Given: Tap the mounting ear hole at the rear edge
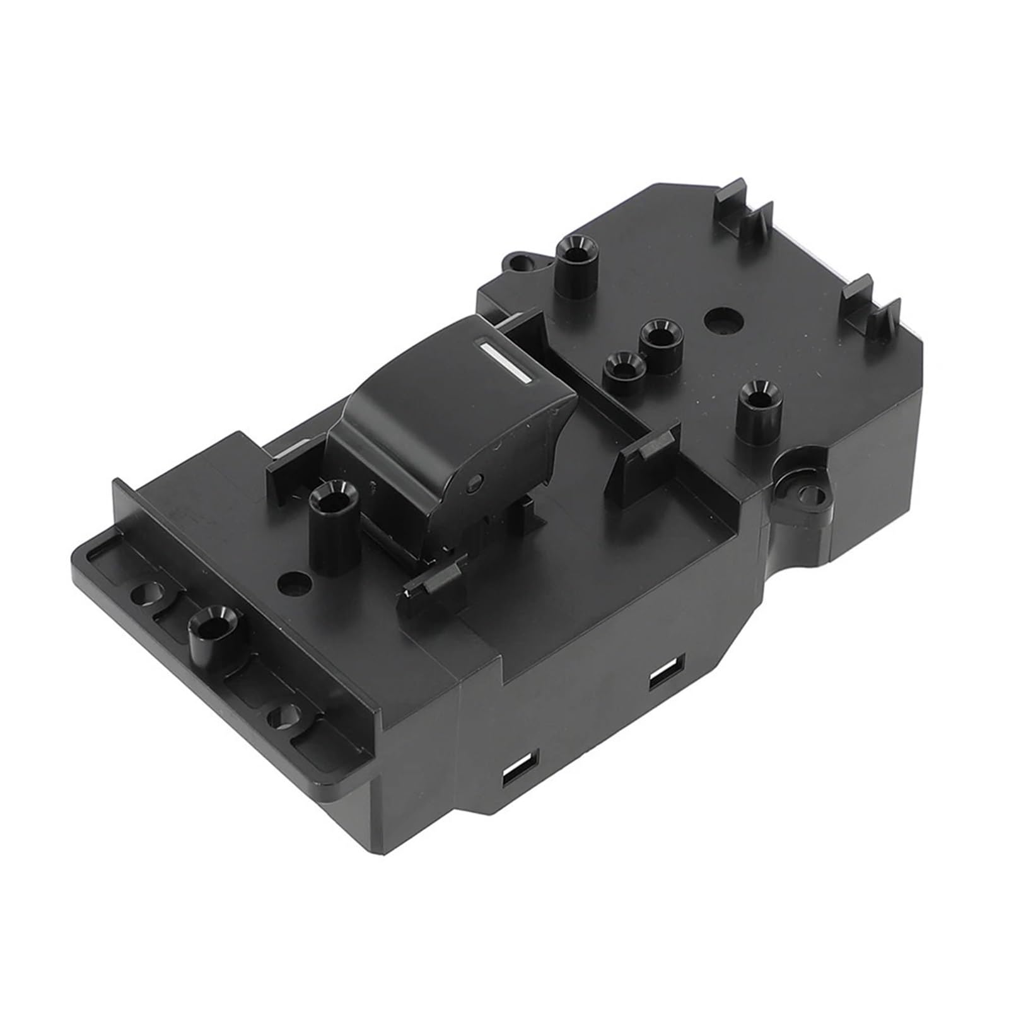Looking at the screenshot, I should (518, 260).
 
